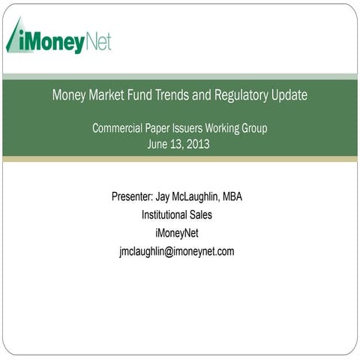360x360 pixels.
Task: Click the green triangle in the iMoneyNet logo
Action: click(x=15, y=37)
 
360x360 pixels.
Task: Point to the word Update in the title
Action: click(x=289, y=96)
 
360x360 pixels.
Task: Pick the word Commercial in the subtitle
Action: click(x=120, y=128)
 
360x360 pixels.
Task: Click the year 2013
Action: click(x=197, y=144)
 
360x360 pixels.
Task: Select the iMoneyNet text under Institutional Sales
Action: click(x=179, y=233)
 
